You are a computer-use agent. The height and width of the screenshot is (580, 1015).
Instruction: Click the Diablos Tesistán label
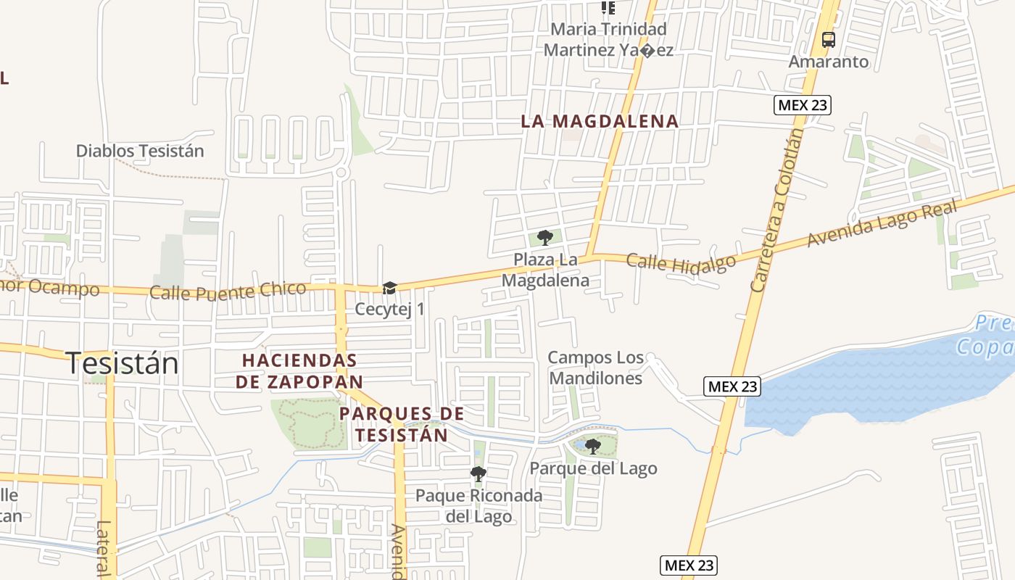pos(140,151)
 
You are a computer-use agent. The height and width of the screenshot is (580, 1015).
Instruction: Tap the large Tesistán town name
pos(123,362)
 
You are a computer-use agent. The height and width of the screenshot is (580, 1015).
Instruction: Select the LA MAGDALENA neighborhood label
pos(600,122)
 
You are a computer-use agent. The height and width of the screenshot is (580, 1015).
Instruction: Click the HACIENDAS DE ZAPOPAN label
pos(300,370)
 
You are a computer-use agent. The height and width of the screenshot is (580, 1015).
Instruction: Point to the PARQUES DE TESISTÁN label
pos(402,424)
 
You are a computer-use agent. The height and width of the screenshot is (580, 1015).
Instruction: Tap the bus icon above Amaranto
pos(828,40)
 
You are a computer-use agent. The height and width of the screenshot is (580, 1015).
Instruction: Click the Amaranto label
pos(828,62)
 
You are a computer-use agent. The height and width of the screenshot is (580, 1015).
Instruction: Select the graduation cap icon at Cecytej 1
pos(389,289)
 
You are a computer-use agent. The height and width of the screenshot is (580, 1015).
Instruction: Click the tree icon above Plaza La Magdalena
pos(544,237)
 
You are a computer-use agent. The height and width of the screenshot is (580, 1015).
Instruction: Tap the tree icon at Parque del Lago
pos(593,446)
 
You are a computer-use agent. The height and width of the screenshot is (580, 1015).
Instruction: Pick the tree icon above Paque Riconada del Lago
pos(478,474)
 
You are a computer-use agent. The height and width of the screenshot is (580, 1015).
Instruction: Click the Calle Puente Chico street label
pos(228,291)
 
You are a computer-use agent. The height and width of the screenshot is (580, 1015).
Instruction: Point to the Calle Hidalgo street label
pos(681,262)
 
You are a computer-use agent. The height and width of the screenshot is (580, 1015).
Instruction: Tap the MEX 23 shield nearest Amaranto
pos(802,105)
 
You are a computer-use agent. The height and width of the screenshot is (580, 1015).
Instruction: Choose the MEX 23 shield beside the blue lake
pos(732,386)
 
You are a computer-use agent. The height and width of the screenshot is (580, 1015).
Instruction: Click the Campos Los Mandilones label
pos(595,368)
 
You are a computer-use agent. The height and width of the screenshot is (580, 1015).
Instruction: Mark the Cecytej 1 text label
pos(389,310)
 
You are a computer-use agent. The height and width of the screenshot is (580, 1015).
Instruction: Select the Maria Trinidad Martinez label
pos(608,40)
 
